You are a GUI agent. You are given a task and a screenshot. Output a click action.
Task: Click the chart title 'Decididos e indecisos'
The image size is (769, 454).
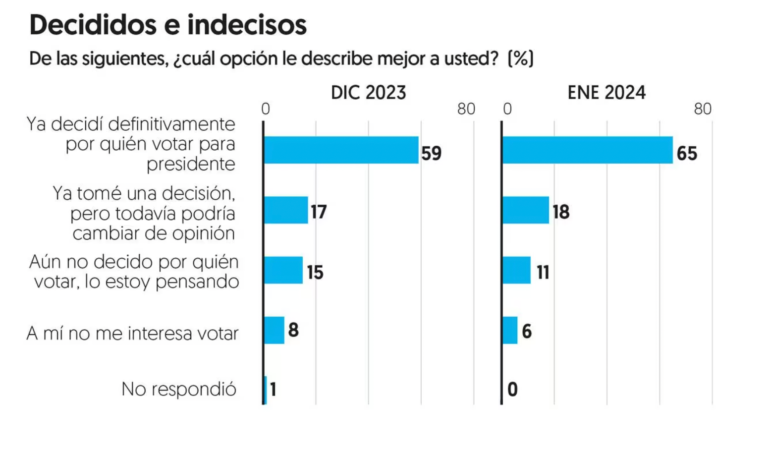[x=168, y=25]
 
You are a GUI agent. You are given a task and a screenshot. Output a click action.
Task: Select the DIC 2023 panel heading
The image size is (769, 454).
[x=368, y=92]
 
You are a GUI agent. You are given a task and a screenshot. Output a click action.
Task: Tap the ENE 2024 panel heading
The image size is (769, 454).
[x=606, y=92]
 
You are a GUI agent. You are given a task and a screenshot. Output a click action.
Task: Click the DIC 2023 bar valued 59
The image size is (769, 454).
[x=341, y=150]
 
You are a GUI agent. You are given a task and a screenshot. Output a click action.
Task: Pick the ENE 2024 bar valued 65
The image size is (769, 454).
[x=588, y=150]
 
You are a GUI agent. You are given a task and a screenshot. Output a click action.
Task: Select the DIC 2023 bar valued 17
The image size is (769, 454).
[x=286, y=210]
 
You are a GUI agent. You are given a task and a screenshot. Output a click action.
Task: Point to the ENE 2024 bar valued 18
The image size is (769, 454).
[x=526, y=210]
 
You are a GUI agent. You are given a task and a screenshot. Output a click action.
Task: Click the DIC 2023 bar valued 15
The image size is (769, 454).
[x=283, y=270]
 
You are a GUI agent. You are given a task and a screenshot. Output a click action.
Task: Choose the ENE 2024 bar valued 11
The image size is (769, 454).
[x=517, y=270]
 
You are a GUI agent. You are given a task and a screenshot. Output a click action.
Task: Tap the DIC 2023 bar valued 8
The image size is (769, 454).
[x=274, y=330]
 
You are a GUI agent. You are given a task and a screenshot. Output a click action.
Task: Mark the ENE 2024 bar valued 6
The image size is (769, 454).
[x=510, y=330]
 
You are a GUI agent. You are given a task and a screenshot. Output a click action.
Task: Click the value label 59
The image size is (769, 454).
[x=431, y=153]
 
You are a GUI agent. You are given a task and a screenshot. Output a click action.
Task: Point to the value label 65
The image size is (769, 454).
[x=687, y=153]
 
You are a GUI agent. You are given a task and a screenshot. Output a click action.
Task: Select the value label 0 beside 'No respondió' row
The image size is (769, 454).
[x=512, y=390]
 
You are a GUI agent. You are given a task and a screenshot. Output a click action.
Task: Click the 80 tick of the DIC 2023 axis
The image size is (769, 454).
[x=466, y=109]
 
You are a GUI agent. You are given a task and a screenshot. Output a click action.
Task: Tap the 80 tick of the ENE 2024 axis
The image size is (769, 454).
[x=703, y=109]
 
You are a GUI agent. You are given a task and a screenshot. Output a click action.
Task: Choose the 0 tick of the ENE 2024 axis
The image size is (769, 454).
[x=507, y=109]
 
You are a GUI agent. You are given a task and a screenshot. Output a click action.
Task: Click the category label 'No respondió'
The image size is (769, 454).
[x=179, y=390]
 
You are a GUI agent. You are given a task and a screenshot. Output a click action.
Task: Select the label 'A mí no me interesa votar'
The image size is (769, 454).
[x=132, y=333]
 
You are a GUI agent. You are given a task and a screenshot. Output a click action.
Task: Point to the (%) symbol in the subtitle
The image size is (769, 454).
[x=521, y=58]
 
